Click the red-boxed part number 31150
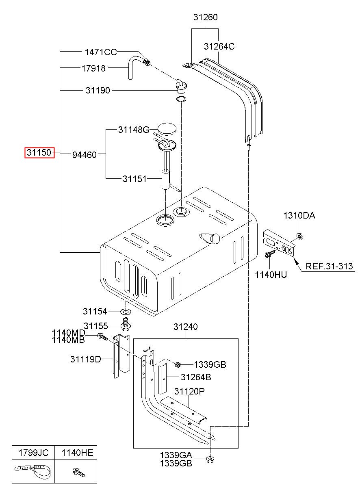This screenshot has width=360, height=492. coord(39,152)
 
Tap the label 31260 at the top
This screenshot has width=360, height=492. coord(205,17)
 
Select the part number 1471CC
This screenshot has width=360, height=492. coord(101,52)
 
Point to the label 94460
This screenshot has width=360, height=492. coord(85,155)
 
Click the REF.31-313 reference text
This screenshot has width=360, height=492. coord(329,266)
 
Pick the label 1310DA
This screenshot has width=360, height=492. coord(299,215)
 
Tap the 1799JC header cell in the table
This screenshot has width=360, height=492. coord(33,453)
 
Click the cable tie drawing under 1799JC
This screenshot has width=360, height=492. coord(33,471)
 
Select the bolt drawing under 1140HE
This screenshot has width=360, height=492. coord(78,472)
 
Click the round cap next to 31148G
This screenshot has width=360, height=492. coord(167,129)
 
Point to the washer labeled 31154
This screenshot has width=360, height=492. coord(126,311)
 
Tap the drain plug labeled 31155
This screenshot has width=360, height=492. coord(126,324)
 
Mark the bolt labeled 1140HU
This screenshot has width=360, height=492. coord(270,254)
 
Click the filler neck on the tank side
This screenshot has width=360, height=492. coord(210,238)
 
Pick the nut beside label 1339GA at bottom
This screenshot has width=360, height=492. coord(210,459)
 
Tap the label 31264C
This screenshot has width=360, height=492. coord(219,46)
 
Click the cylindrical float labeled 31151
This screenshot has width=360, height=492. coord(166,180)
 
